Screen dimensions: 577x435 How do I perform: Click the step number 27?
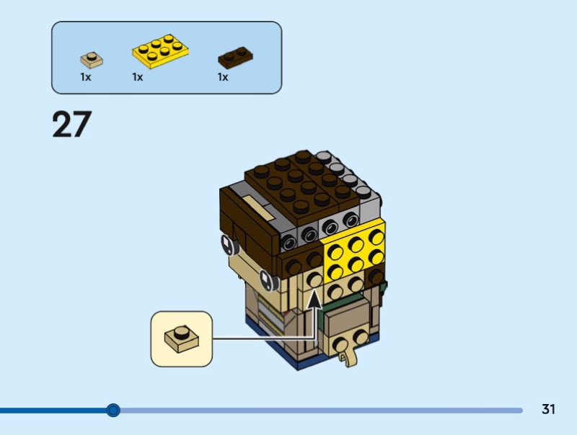71,124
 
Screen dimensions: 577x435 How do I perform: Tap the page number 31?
548,409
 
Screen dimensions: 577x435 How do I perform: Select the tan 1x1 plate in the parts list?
92,60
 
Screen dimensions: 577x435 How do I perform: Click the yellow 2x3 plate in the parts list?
160,51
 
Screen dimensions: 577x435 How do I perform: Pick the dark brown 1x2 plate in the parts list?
235,58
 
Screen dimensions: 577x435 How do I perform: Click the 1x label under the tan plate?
85,77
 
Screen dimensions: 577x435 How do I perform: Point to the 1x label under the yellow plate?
137,77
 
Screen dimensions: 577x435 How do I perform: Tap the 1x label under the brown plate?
223,77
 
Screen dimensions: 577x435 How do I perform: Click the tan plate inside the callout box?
182,338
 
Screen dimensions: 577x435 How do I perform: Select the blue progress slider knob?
113,410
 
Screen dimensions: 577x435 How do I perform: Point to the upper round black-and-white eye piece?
229,244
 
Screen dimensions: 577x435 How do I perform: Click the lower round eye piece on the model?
269,280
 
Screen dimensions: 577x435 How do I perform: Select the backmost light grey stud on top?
323,157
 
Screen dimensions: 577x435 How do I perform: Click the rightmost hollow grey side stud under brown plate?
351,220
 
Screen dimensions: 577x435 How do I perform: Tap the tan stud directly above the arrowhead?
314,279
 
